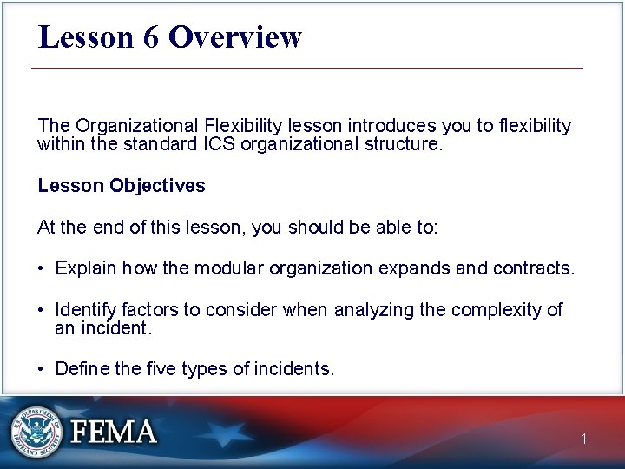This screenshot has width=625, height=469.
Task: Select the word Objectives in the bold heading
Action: pos(158,186)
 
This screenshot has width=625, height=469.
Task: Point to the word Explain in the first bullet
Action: pos(85,268)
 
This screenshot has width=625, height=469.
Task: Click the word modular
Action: pos(229,268)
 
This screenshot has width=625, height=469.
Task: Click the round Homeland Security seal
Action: pos(36,432)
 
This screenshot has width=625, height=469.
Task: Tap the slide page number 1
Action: pos(584,439)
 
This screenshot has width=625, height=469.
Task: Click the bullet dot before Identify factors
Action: pos(42,310)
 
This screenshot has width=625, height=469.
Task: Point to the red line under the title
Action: pos(307,68)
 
